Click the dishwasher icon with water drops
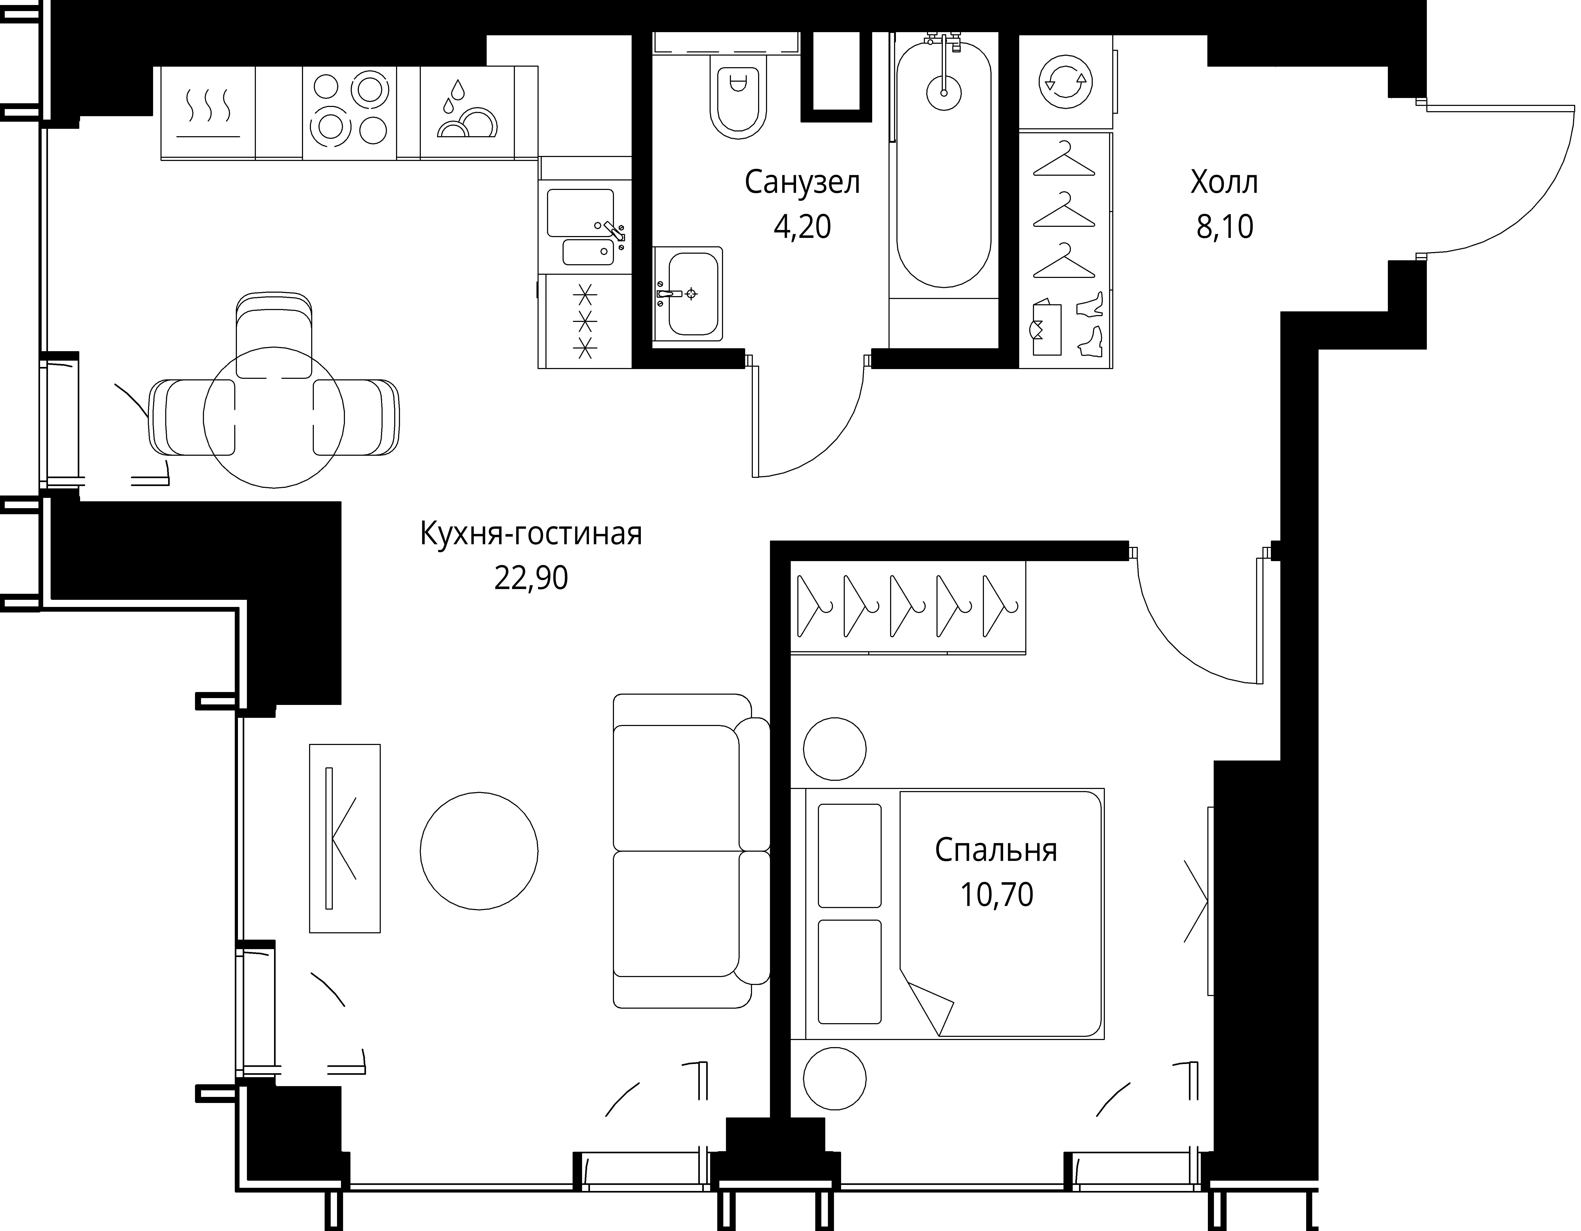[467, 112]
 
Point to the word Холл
[1224, 182]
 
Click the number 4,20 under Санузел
[802, 227]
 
